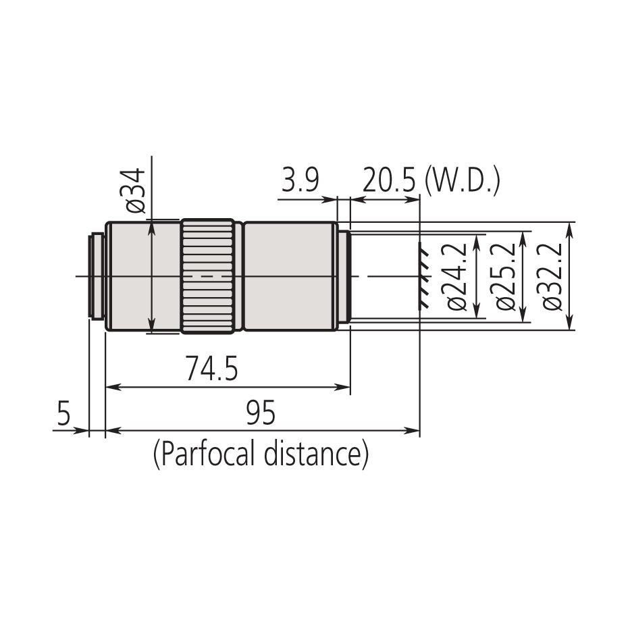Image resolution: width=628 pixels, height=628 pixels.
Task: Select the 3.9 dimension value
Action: [299, 182]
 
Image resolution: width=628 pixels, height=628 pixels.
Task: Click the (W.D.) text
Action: [463, 182]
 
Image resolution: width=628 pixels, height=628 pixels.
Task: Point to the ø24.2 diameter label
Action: [457, 277]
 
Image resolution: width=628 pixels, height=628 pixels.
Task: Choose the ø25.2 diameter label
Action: [504, 277]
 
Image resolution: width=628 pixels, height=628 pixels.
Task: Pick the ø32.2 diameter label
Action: [552, 277]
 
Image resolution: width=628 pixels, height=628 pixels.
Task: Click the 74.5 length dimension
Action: [211, 371]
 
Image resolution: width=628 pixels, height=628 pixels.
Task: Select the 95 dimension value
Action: [261, 413]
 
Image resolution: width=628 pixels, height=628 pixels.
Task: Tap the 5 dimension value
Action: [63, 413]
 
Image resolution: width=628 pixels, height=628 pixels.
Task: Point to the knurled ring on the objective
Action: [208, 276]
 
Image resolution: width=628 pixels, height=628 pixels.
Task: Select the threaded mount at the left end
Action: [97, 276]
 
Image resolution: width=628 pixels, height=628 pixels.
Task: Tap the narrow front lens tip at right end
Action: [344, 276]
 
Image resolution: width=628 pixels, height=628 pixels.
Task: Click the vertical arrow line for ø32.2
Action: [569, 276]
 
